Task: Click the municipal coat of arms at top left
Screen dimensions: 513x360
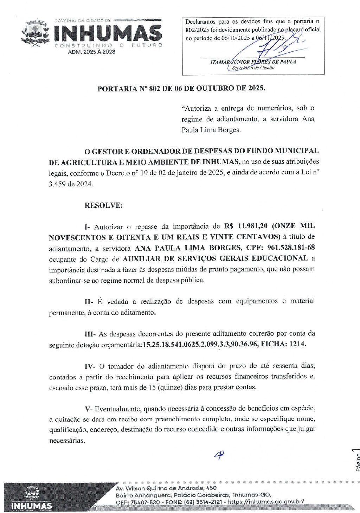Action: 36,33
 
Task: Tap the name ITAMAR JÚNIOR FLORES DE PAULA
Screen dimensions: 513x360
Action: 253,62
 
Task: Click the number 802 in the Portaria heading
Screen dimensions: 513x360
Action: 154,88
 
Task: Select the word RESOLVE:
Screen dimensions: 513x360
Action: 104,205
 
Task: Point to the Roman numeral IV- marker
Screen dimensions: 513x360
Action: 90,366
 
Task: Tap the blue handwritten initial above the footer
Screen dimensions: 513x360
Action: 219,455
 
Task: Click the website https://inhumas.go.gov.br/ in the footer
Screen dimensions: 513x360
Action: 266,502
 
